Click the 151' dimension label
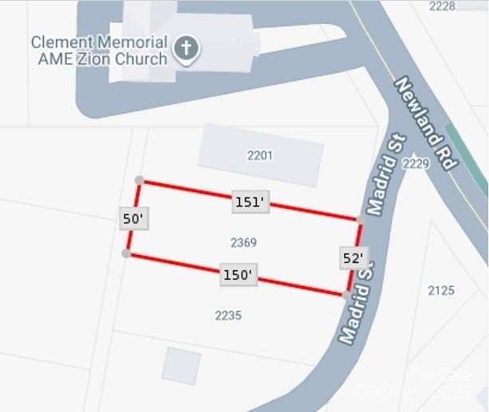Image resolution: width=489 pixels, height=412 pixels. click(x=250, y=202)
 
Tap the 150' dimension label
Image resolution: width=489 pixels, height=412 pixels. click(x=238, y=276)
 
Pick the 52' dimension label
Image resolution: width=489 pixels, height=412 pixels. click(x=353, y=257)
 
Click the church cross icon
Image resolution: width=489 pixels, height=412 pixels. click(x=186, y=49)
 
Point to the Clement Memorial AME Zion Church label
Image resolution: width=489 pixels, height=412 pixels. click(x=99, y=49)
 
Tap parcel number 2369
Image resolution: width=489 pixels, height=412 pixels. click(x=243, y=242)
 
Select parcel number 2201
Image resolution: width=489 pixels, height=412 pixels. click(x=260, y=155)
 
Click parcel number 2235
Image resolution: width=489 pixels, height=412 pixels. click(x=228, y=316)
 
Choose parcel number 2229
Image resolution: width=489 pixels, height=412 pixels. click(x=416, y=164)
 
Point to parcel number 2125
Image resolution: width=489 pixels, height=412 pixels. click(x=441, y=290)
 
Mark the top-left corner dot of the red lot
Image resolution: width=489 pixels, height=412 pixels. click(x=140, y=181)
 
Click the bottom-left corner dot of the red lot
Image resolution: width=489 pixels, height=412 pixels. click(x=127, y=253)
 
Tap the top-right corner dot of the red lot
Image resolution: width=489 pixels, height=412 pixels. click(x=361, y=218)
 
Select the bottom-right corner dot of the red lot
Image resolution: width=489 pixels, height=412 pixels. click(x=345, y=295)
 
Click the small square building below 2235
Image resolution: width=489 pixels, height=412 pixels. click(x=182, y=365)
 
